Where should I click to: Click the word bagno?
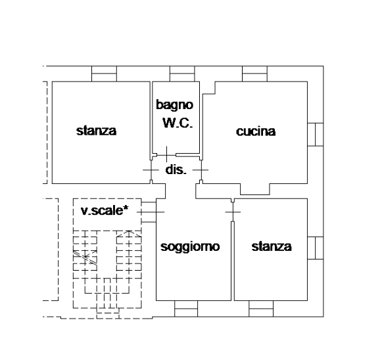[x=174, y=105]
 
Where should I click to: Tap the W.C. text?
[x=178, y=123]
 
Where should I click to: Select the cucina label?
[x=256, y=131]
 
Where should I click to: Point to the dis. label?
[x=176, y=169]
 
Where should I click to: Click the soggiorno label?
[x=190, y=247]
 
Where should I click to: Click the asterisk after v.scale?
[x=126, y=209]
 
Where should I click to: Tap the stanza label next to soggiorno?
[x=272, y=246]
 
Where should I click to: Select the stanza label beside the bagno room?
[x=96, y=131]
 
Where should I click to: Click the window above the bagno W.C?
[x=182, y=74]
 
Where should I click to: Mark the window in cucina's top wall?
[x=255, y=74]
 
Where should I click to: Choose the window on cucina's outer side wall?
[x=316, y=135]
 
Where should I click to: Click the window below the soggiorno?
[x=186, y=309]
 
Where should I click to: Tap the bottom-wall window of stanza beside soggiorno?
[x=261, y=309]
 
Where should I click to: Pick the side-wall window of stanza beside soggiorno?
[x=316, y=248]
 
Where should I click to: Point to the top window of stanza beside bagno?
[x=104, y=74]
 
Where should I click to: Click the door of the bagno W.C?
[x=166, y=155]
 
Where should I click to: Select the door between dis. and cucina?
[x=201, y=170]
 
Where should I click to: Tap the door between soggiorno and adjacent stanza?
[x=233, y=212]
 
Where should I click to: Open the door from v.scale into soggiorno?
[x=151, y=212]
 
